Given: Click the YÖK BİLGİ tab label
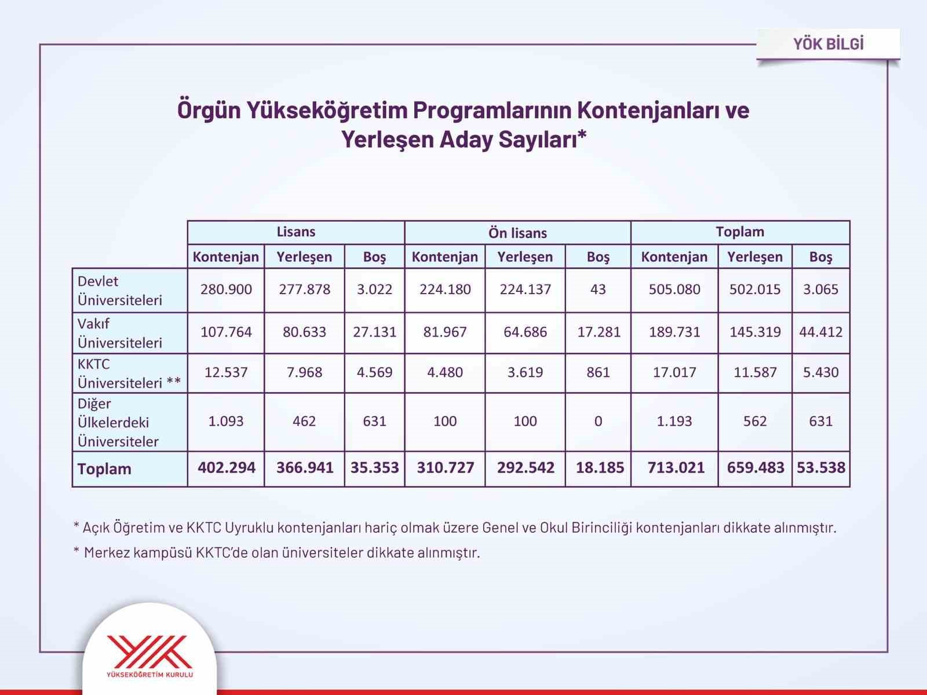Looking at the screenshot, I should [828, 44].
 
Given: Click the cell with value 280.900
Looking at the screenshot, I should [226, 289].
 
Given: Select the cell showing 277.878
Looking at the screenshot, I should [304, 289].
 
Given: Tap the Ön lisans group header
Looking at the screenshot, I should [517, 233].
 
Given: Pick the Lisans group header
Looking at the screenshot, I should [295, 232].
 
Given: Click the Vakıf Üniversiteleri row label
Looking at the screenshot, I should [120, 333].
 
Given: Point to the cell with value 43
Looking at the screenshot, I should [598, 289].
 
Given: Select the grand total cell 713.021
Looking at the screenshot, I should [676, 468].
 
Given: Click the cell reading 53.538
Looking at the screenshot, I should [821, 468].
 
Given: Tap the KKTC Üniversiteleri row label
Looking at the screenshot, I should [129, 373].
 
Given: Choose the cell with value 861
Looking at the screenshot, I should [598, 372].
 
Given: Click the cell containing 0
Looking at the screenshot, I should [598, 421].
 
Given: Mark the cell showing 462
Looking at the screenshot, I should [304, 421].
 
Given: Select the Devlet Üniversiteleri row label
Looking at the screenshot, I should [120, 290].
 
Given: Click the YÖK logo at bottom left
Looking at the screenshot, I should [149, 654].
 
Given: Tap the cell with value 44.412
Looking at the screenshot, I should [821, 332].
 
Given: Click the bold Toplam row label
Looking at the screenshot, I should [104, 469].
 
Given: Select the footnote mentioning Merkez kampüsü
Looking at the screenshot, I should [277, 553].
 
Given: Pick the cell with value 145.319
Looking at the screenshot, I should [755, 332].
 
